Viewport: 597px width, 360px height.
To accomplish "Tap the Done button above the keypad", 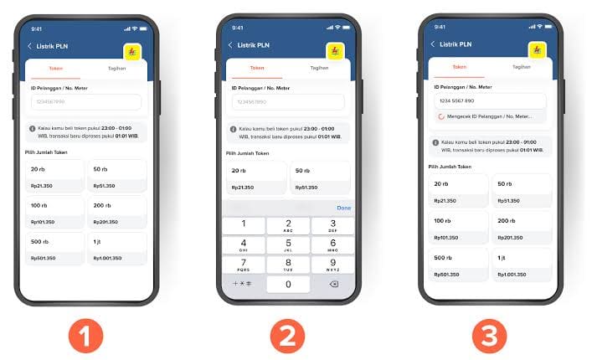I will [343, 208].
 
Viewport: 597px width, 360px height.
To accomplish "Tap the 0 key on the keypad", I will [288, 284].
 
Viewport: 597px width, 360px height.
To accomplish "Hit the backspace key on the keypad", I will [332, 284].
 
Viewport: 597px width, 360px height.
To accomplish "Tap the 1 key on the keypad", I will [244, 225].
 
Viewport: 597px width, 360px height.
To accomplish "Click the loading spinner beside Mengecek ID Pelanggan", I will [441, 116].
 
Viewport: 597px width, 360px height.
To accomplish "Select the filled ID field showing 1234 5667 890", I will [489, 100].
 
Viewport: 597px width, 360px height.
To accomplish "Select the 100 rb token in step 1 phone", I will [54, 210].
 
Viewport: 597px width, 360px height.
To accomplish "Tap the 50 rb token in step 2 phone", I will [321, 177].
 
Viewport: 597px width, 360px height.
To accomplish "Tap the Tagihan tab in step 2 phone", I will [319, 68].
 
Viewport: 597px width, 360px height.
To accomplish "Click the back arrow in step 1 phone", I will [30, 46].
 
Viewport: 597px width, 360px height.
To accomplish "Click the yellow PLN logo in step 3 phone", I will [536, 51].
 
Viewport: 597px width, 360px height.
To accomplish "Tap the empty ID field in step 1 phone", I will [85, 102].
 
